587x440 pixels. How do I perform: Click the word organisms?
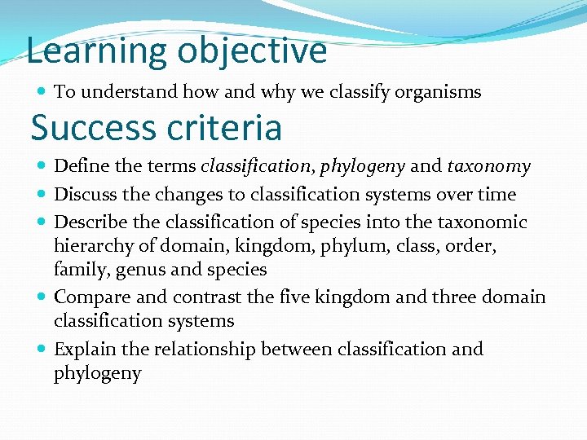point(438,92)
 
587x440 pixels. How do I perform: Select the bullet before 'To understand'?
point(42,92)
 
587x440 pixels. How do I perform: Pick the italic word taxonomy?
point(488,167)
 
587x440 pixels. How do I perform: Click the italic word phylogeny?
point(362,168)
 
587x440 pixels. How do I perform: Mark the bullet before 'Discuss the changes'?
point(42,195)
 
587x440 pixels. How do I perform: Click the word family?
point(77,270)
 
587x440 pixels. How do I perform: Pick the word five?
point(311,297)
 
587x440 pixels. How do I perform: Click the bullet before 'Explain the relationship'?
point(42,350)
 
